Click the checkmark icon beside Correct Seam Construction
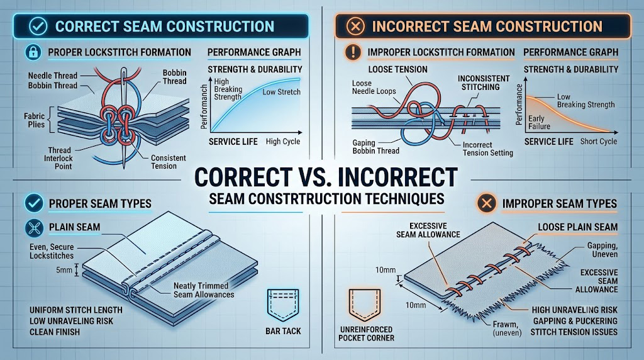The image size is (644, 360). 37,26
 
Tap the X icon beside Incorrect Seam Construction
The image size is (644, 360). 355,26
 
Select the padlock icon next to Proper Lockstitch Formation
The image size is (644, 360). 33,52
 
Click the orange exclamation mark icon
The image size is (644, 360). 352,53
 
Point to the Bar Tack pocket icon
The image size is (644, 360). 283,305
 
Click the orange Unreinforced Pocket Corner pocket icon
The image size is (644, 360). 365,305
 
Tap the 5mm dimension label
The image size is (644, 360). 64,270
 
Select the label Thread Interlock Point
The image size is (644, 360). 59,158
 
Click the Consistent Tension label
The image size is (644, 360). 168,162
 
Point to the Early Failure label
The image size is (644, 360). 539,123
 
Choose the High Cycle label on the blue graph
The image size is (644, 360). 282,142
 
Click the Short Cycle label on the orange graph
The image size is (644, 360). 599,142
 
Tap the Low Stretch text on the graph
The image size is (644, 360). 281,92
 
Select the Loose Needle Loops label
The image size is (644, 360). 374,87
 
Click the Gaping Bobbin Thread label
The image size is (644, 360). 376,147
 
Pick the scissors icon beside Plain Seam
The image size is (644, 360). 34,228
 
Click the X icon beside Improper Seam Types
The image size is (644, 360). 487,203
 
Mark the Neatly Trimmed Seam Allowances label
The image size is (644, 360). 204,290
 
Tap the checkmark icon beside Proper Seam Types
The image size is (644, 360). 34,203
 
